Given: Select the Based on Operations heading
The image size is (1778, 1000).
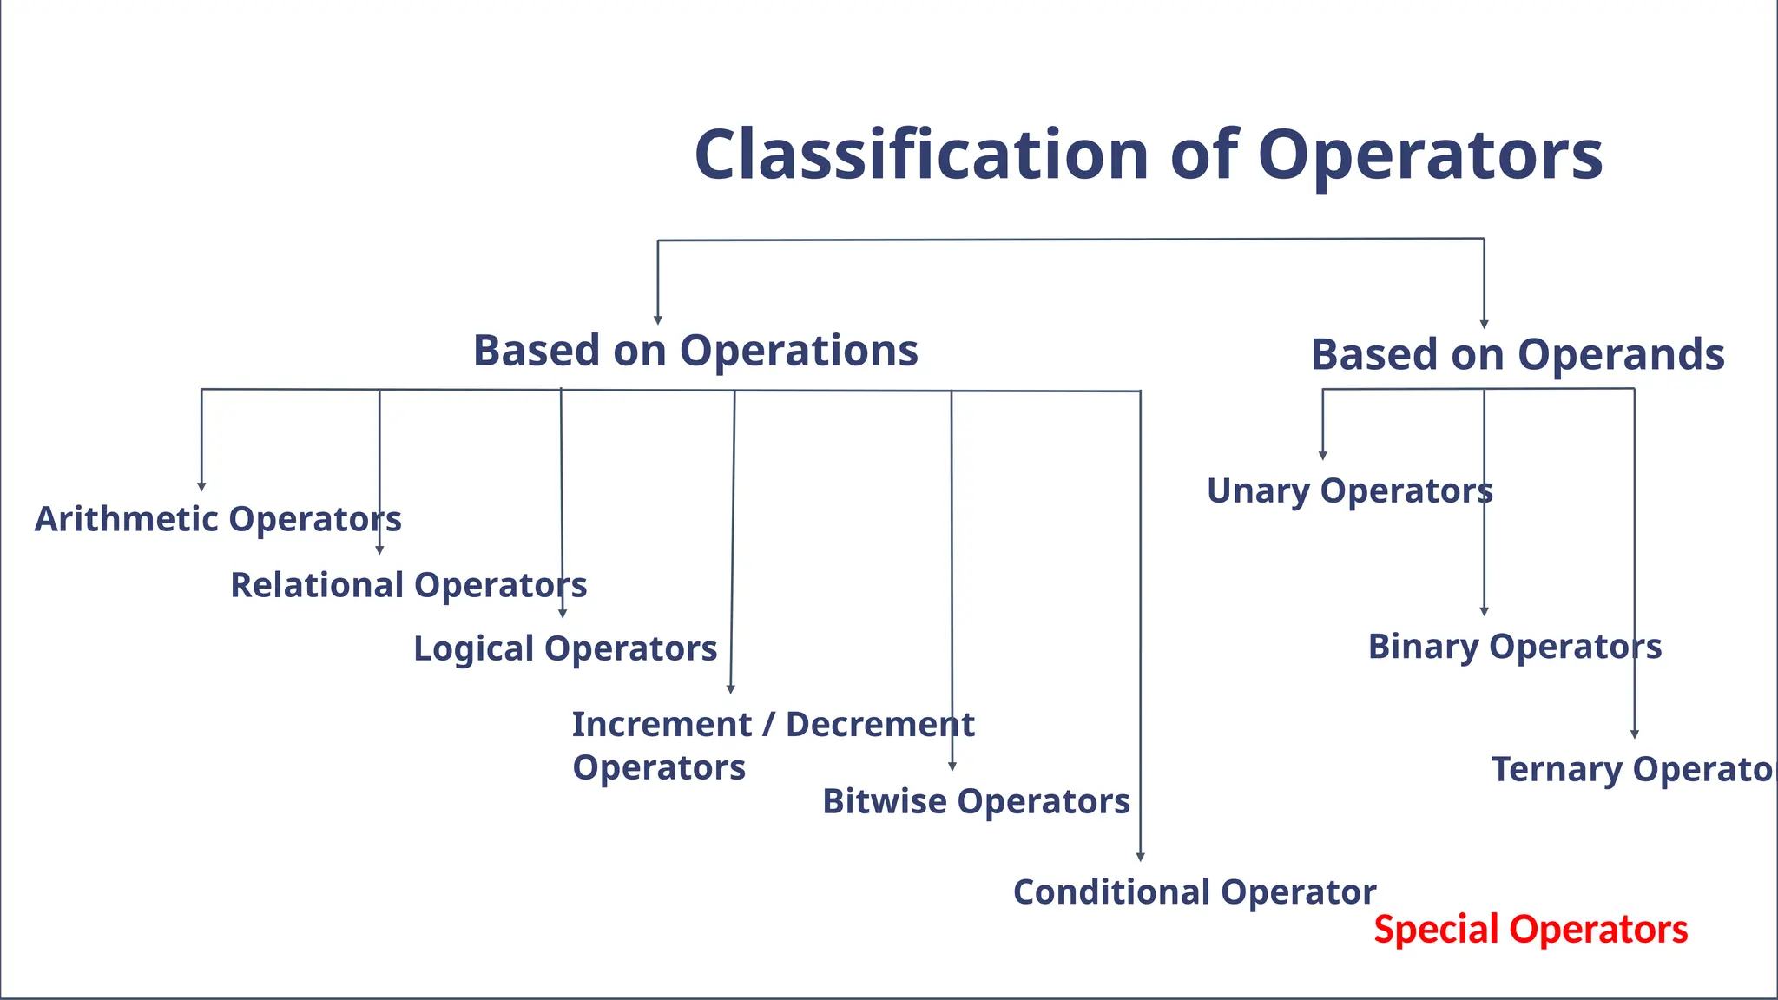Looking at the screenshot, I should (x=695, y=351).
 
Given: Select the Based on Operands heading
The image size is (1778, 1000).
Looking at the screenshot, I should (x=1518, y=355).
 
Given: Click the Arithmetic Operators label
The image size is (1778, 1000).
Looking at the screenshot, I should (x=217, y=519).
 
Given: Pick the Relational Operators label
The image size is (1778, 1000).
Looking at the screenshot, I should (x=408, y=585).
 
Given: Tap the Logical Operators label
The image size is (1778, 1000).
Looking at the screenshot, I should (x=565, y=648).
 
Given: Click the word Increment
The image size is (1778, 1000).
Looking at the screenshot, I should (x=662, y=724).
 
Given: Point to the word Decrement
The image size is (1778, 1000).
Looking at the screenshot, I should (x=879, y=724).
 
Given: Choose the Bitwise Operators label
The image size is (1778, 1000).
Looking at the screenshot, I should (x=976, y=801).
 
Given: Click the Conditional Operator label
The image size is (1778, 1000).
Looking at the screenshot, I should (x=1195, y=892).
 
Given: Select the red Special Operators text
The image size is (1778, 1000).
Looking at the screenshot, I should (x=1531, y=930).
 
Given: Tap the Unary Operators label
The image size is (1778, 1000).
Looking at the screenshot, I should (x=1350, y=491).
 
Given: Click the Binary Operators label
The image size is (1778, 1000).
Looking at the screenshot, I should (x=1515, y=647).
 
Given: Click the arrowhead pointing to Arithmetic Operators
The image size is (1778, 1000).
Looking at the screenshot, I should (x=201, y=487).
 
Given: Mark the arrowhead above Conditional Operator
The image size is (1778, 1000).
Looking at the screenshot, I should (x=1140, y=857).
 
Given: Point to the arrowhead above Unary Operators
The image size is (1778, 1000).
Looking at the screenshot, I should (x=1323, y=455).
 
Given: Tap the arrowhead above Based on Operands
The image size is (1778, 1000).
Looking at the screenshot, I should (x=1484, y=324).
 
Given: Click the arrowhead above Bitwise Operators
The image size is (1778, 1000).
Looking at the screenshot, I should (x=952, y=766).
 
